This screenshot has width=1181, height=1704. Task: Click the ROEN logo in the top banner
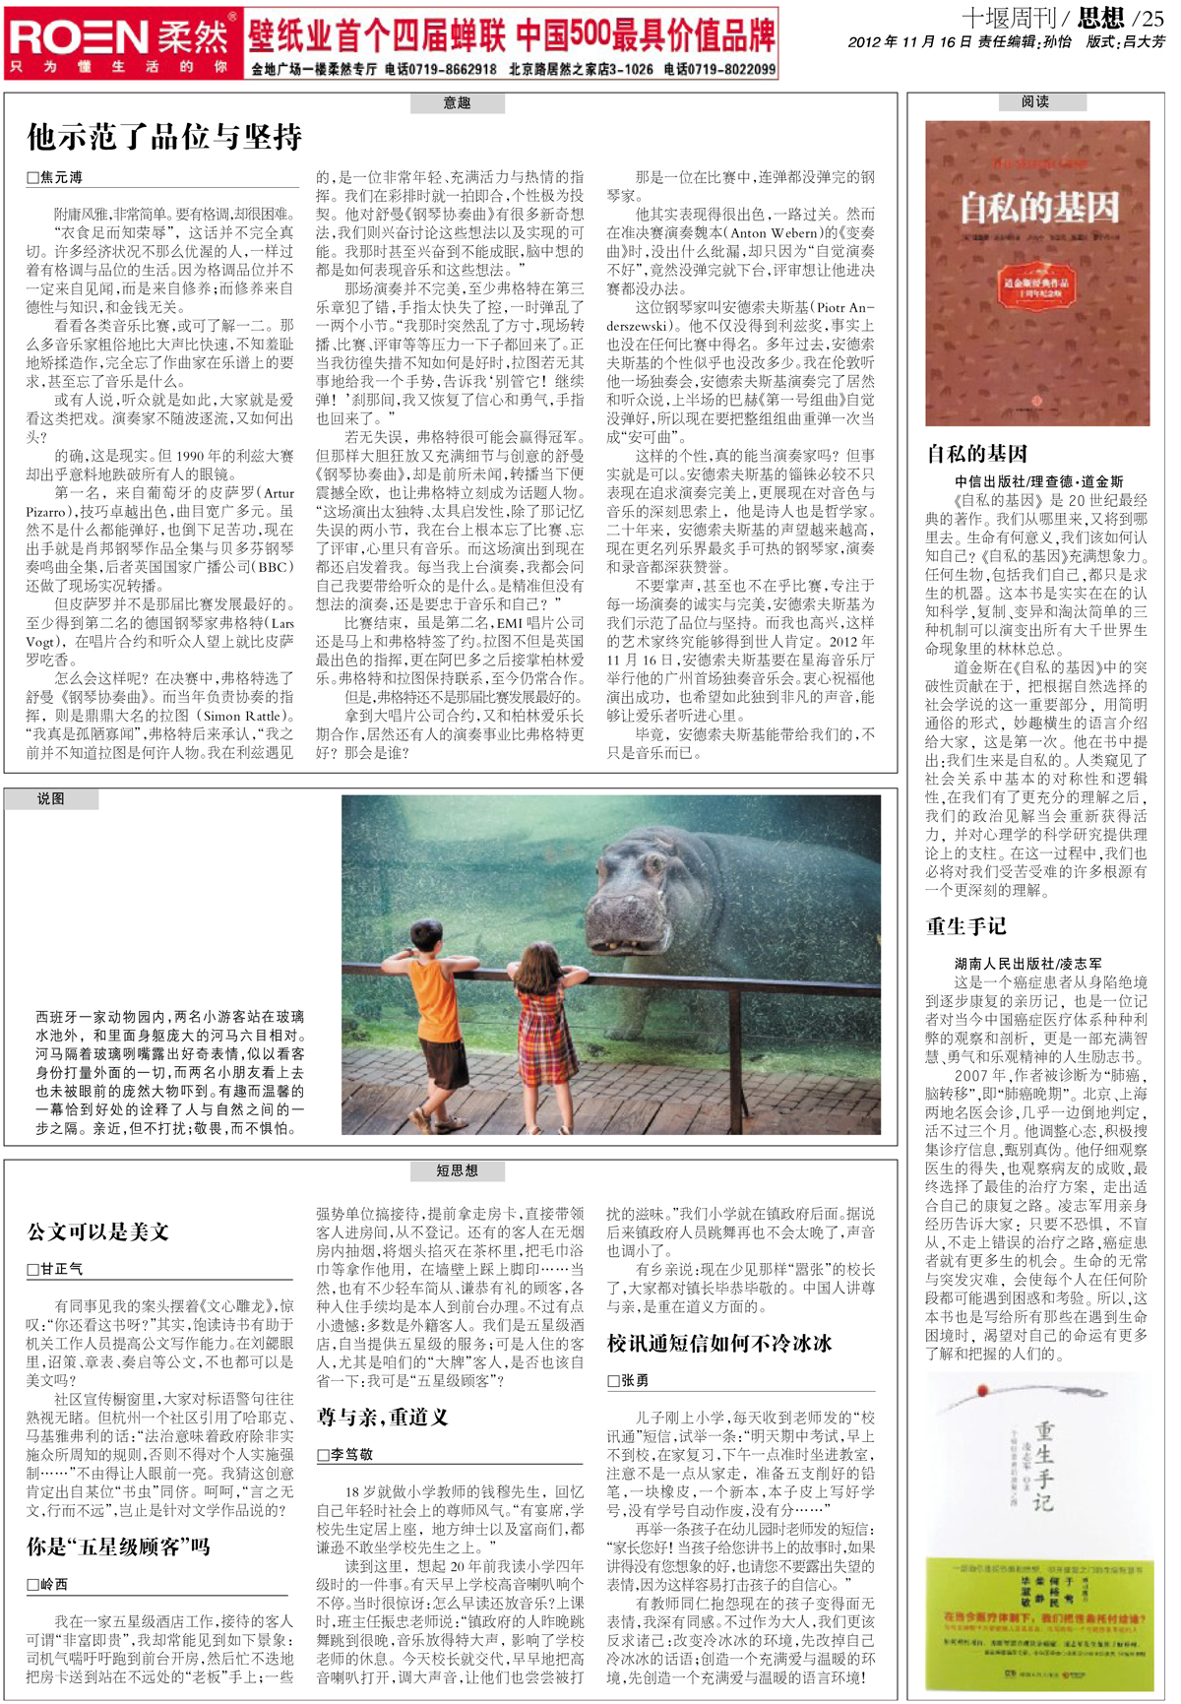79,37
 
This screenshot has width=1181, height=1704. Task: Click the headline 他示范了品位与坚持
164,137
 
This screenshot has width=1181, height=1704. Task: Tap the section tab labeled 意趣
457,102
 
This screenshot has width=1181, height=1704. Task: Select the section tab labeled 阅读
1035,101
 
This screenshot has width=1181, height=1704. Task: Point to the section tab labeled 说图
51,798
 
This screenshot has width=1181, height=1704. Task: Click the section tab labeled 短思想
457,1170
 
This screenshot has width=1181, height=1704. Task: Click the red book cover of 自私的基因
1037,273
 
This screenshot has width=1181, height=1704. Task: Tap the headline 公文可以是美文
98,1231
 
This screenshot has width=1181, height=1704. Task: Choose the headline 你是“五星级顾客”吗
118,1546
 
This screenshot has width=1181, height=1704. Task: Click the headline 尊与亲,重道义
382,1417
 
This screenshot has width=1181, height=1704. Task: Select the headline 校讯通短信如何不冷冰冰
719,1344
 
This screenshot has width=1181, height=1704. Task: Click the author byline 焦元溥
57,178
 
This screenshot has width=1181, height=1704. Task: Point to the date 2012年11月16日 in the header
909,41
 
